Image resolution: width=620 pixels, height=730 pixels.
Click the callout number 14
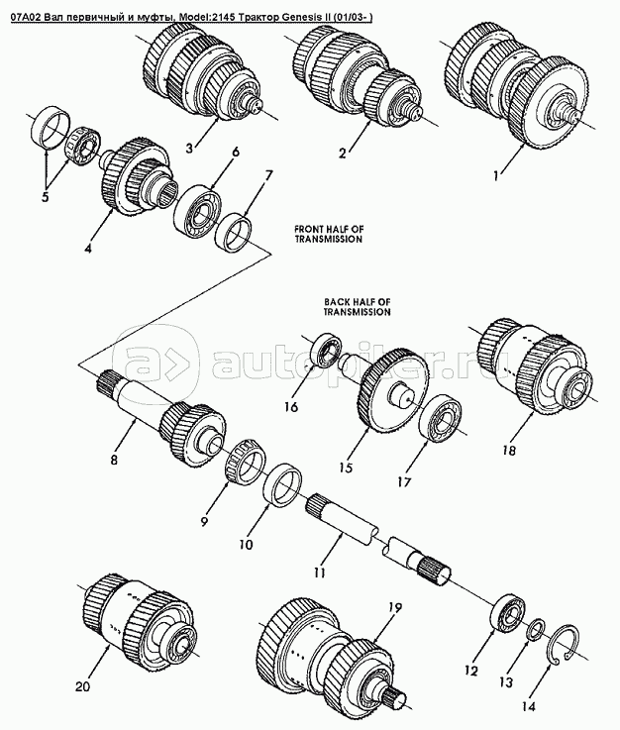528,706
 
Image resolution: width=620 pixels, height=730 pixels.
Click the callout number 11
319,573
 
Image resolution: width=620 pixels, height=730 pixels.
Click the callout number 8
114,460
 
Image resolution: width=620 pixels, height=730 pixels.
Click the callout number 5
45,197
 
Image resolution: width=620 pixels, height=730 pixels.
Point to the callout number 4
88,249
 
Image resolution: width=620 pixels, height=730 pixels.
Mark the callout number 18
509,451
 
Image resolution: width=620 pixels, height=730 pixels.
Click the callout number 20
83,686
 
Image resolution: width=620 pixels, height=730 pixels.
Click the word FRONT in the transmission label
309,229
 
